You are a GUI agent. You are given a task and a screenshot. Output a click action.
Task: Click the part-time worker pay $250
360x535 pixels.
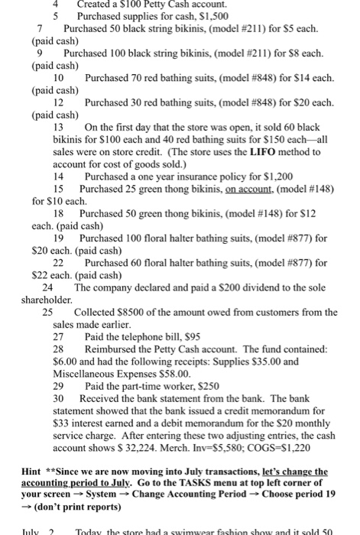click(x=196, y=387)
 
